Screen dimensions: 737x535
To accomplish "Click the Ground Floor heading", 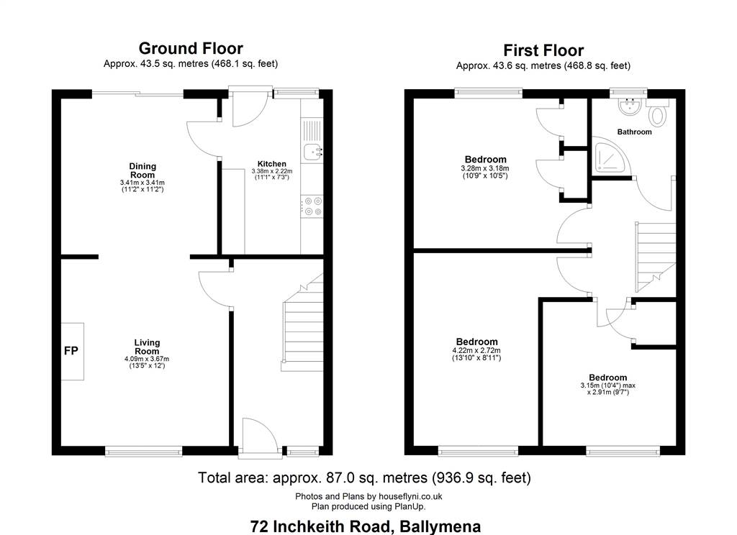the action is coord(191,48).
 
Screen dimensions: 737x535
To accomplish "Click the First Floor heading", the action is coord(543,50).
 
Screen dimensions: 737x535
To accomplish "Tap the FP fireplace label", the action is coord(71,350).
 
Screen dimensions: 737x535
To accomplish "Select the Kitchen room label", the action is coord(271,164).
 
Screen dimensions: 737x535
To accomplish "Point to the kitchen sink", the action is coord(312,152).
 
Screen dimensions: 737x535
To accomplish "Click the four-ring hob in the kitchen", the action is coord(312,206).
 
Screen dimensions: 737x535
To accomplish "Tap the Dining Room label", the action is coord(143,170).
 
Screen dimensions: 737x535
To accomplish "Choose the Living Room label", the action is coord(147,347).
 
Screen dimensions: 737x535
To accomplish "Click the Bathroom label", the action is coord(634,132).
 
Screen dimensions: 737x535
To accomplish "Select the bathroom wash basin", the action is coord(629,106).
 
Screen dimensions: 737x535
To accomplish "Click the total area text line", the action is coord(364,477).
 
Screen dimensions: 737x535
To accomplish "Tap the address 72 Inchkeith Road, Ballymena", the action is coord(365,526).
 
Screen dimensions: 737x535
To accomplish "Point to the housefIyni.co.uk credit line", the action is coord(368,496).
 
